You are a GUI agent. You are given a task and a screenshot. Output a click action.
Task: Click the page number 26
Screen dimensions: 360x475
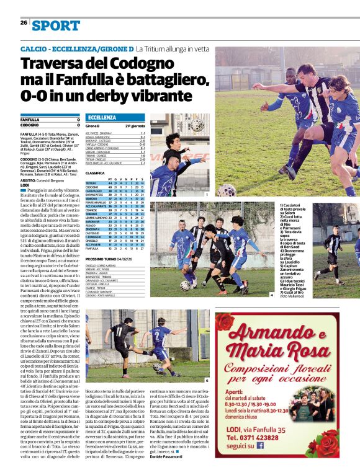click(24, 23)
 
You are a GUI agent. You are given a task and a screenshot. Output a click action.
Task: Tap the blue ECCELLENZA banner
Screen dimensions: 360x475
click(101, 117)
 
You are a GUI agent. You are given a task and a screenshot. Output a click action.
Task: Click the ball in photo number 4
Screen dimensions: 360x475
click(185, 285)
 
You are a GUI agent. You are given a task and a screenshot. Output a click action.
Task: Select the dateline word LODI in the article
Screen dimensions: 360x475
click(25, 185)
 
